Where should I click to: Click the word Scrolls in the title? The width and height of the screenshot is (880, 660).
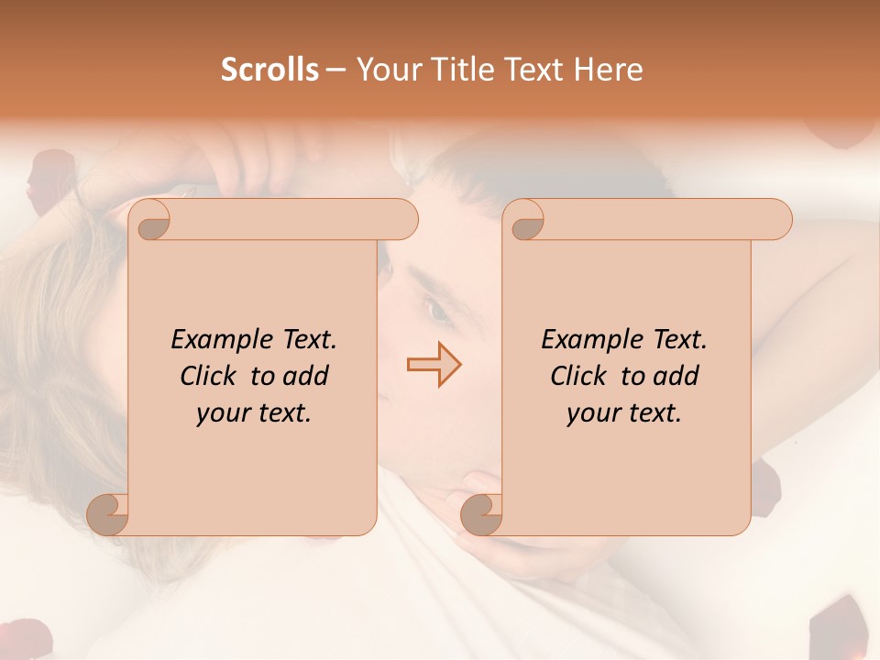coord(269,70)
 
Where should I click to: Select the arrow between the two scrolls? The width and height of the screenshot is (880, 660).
coord(434,365)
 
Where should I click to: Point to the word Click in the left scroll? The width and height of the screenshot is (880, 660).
coord(211,376)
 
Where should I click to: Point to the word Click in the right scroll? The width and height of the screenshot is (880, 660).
coord(581,376)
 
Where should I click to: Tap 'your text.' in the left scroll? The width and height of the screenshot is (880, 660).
coord(254,413)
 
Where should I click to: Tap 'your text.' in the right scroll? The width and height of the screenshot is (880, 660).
coord(624,413)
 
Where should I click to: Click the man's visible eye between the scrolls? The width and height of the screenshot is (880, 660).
coord(438,311)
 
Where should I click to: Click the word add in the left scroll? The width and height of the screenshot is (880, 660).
coord(305,376)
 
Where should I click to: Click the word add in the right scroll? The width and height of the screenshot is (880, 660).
coord(676,376)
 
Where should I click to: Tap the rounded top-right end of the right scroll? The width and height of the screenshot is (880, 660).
coord(779,220)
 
